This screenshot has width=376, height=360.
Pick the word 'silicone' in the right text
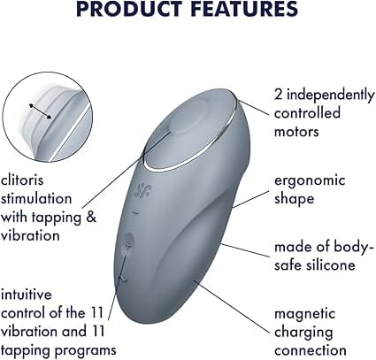pos(326,264)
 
